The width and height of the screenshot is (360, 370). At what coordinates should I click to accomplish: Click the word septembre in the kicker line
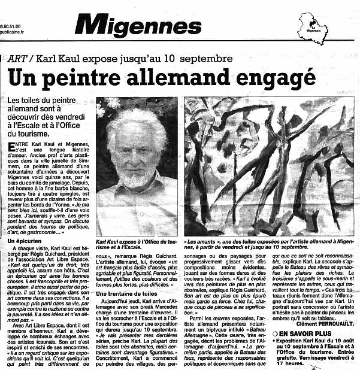(204, 59)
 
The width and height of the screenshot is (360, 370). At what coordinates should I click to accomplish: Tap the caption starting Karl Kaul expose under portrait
(137, 244)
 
